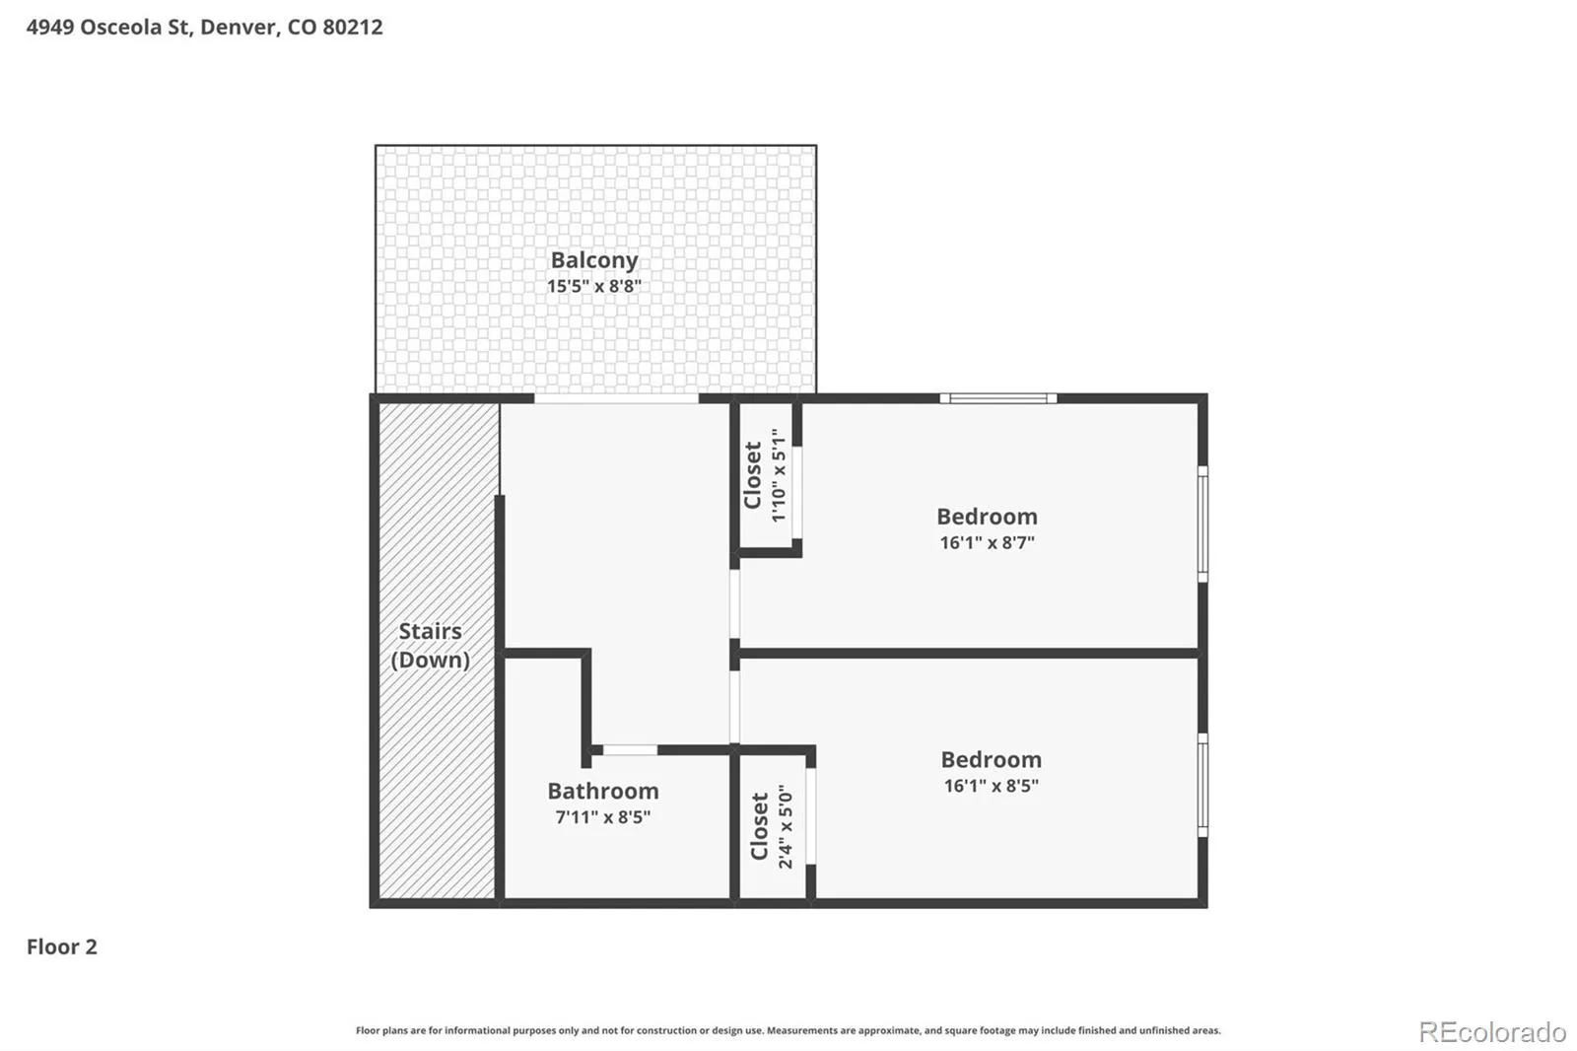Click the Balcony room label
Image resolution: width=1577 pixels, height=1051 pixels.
coord(594,260)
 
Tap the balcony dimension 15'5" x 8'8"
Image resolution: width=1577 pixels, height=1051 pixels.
coord(594,286)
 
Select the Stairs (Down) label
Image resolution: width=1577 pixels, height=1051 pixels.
coord(430,645)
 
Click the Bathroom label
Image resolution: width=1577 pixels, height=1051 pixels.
coord(603,791)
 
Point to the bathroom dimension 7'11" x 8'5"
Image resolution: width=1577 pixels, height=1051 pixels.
coord(603,817)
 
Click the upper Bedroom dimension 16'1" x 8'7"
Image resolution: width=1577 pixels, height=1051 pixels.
coord(987,542)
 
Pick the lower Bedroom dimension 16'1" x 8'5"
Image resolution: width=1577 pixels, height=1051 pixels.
coord(992,786)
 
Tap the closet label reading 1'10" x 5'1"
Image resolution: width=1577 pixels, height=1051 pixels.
coord(778,475)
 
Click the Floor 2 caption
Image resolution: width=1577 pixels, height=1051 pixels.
coord(62,946)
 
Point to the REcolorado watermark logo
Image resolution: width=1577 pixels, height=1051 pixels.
coord(1492,1032)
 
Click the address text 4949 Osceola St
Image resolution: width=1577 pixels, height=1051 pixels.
coord(109,28)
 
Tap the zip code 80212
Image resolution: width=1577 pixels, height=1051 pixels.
coord(353,28)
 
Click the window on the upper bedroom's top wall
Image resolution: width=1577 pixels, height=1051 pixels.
coord(998,398)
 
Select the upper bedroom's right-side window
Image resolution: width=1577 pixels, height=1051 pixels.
coord(1203,525)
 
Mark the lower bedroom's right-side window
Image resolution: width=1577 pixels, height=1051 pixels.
coord(1203,786)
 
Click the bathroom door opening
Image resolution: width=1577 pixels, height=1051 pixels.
coord(630,750)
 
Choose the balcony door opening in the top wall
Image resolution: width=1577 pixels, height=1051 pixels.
coord(616,398)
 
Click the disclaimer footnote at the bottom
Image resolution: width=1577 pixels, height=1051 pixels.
coord(788,1030)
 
